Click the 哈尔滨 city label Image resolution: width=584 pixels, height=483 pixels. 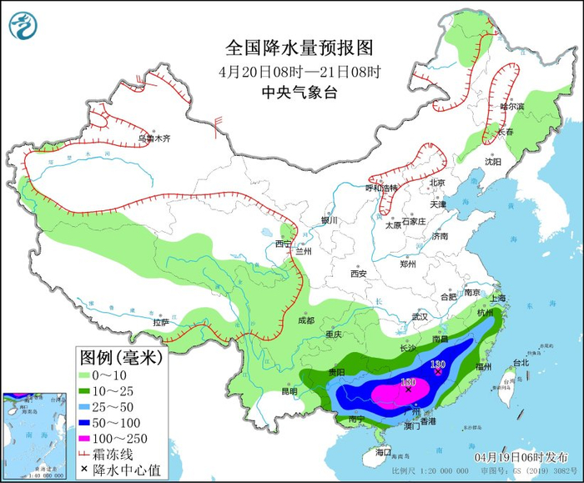click(x=511, y=107)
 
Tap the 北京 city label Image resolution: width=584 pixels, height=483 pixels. click(x=437, y=183)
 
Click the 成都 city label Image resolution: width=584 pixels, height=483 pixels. click(x=305, y=320)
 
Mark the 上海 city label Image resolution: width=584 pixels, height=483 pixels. click(x=499, y=298)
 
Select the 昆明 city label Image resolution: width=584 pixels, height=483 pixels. click(x=289, y=390)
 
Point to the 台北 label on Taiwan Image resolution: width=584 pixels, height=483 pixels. click(x=521, y=363)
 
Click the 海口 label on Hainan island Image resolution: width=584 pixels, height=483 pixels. click(x=383, y=451)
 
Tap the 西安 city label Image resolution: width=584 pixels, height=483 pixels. click(x=359, y=273)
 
